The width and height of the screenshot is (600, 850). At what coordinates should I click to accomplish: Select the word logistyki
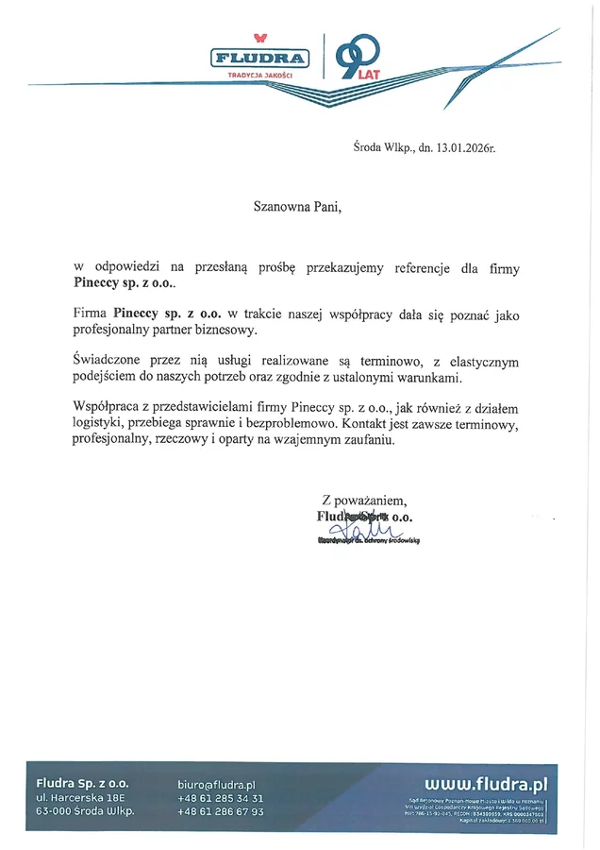(100, 424)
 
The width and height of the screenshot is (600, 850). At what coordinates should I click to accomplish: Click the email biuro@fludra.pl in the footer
(217, 784)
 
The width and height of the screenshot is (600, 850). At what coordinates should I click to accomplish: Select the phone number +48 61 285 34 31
(220, 798)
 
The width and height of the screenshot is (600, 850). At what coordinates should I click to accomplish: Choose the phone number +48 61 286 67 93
(220, 812)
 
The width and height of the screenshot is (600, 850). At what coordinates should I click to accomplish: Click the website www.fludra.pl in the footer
(486, 783)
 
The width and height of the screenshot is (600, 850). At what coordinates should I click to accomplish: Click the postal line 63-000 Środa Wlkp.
(85, 812)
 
